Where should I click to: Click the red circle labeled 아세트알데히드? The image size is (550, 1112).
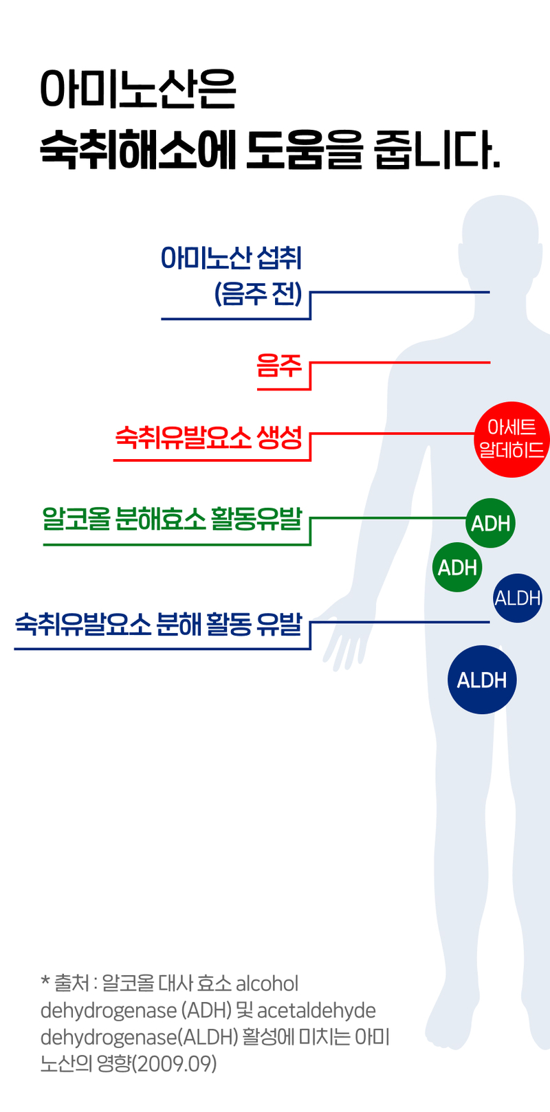click(511, 439)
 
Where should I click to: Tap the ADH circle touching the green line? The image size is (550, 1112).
click(490, 523)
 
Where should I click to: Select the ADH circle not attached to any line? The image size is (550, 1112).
click(457, 568)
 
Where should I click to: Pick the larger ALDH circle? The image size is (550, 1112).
click(482, 680)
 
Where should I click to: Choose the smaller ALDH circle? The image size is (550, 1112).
click(518, 598)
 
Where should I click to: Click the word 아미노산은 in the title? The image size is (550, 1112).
click(137, 90)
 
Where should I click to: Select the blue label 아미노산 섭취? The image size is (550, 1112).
click(231, 258)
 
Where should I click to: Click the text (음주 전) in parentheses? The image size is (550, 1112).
click(258, 294)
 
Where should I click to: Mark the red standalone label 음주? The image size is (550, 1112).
click(279, 366)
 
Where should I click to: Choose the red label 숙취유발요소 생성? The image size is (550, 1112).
click(208, 437)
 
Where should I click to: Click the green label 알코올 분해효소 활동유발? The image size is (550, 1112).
click(172, 518)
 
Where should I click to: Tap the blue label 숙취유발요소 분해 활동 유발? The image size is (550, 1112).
click(158, 623)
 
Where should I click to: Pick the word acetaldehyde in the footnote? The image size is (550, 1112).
click(316, 1010)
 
